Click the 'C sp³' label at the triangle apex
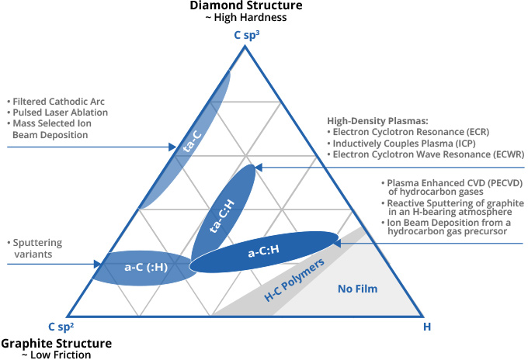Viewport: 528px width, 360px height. (247, 34)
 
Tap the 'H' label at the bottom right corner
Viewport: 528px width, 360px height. (426, 327)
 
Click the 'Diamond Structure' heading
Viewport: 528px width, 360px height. (246, 6)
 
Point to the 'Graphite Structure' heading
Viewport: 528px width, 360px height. (56, 343)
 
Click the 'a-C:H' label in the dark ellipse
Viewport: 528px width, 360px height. (264, 252)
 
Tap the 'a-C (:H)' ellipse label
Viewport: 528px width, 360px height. (145, 268)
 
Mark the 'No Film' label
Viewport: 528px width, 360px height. (356, 289)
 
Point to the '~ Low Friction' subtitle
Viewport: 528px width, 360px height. (56, 355)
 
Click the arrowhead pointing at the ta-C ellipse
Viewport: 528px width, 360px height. (173, 146)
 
